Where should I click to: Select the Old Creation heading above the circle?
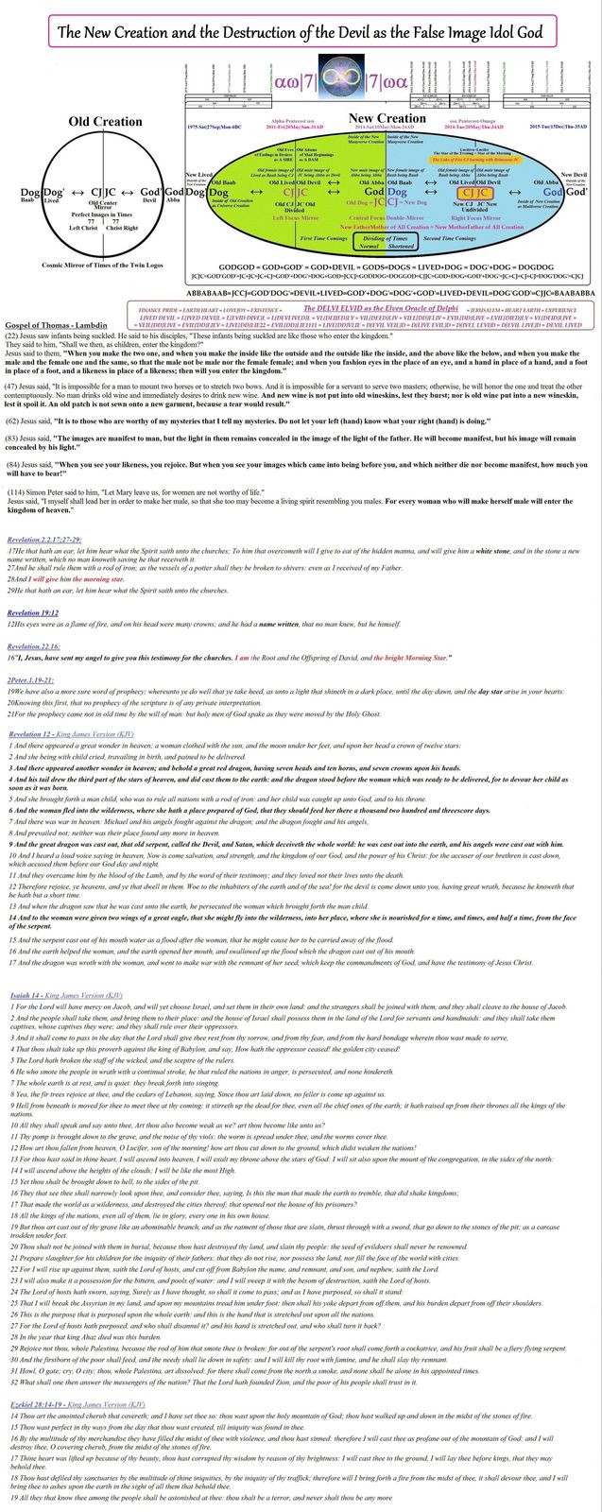(105, 122)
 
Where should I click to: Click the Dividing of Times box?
(387, 242)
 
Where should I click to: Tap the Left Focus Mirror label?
(298, 217)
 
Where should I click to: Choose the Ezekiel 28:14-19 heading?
(72, 1403)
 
